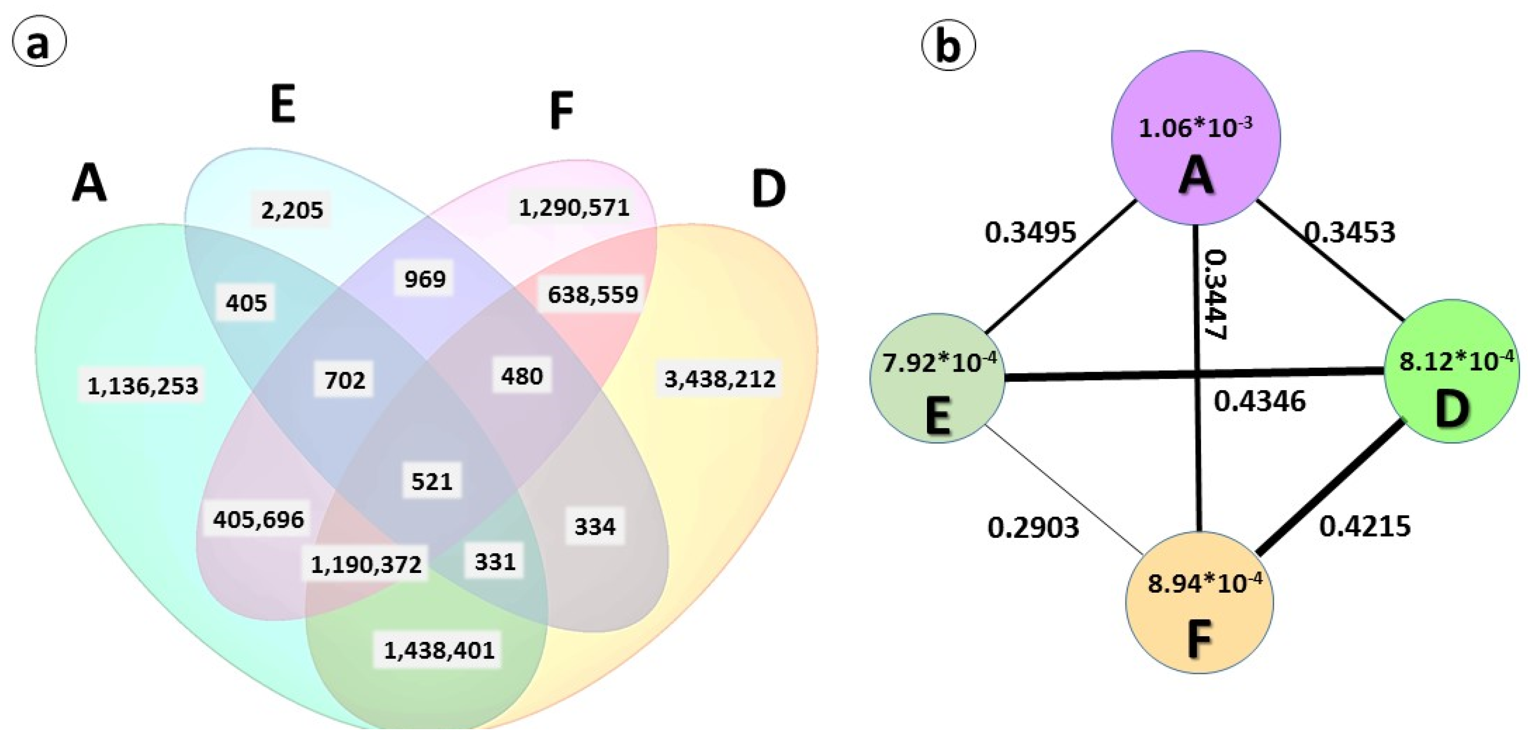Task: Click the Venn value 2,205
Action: (292, 209)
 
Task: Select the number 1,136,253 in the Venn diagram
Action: (143, 386)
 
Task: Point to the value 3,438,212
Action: (719, 379)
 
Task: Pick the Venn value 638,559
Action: (592, 294)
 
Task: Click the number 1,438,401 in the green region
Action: (439, 650)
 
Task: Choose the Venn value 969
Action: (425, 278)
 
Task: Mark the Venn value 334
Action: (595, 526)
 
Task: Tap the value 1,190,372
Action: (366, 564)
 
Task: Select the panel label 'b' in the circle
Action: (948, 46)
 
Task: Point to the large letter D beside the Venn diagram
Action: (769, 190)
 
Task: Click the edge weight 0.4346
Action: (1260, 401)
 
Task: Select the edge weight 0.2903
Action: (1033, 527)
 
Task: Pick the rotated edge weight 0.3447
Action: (1215, 294)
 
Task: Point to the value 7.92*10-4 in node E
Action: (939, 362)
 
